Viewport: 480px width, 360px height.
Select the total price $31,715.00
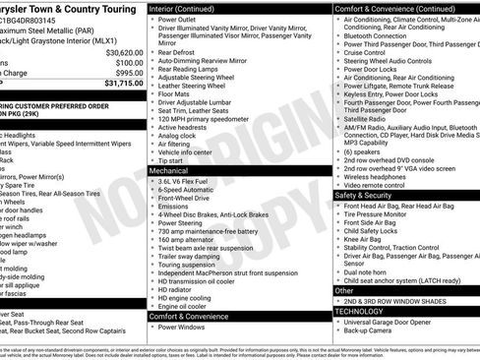(118, 84)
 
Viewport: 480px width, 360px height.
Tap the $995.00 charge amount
(123, 73)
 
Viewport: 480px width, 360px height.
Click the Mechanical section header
(169, 170)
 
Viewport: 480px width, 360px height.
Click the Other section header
(344, 291)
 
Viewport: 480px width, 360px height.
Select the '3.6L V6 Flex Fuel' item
(188, 182)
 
